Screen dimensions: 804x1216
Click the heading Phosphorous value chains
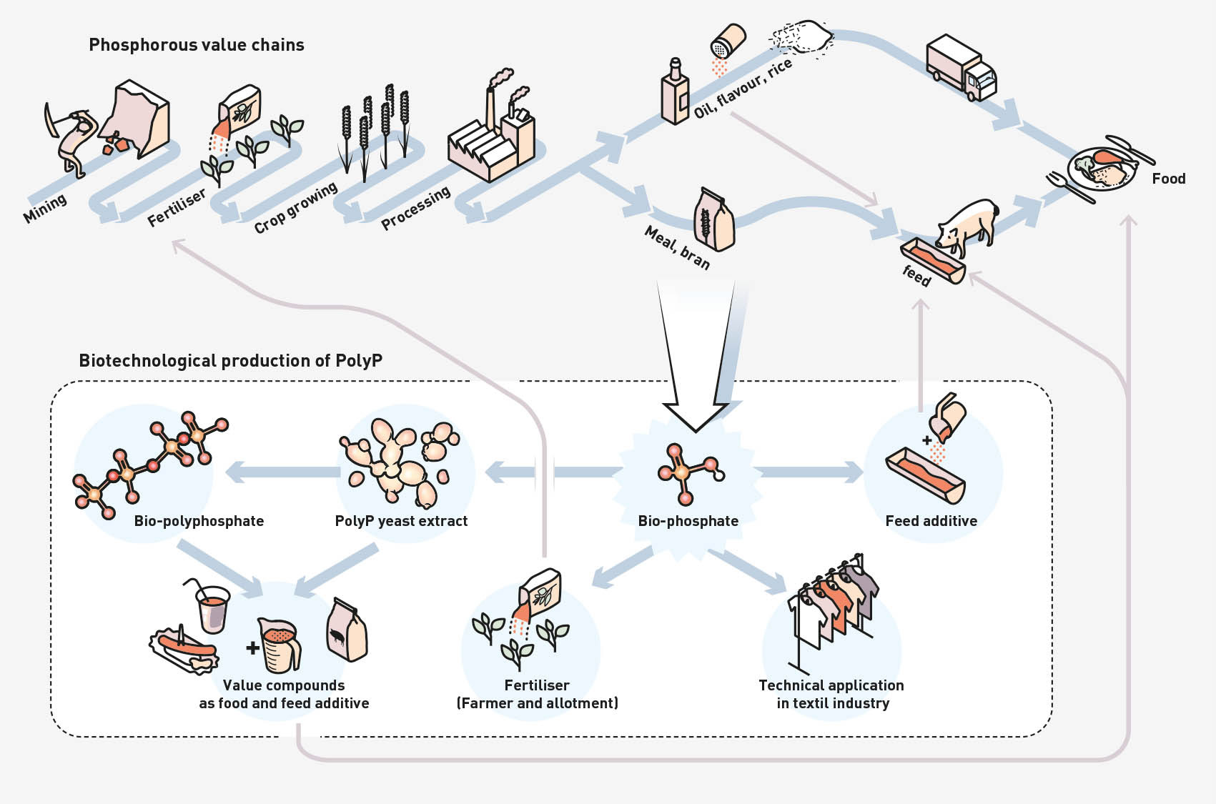click(x=196, y=45)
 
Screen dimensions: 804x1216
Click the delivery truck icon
click(x=960, y=67)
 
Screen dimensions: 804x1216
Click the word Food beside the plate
click(x=1168, y=179)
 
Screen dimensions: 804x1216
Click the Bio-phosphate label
click(x=688, y=521)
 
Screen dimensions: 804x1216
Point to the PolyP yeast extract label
click(x=401, y=521)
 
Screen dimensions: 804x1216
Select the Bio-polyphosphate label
click(x=199, y=521)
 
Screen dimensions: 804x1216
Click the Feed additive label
click(x=931, y=521)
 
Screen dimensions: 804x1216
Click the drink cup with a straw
click(x=212, y=607)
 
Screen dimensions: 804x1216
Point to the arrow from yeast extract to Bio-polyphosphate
click(x=282, y=472)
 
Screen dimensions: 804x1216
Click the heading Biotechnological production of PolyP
click(x=230, y=360)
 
